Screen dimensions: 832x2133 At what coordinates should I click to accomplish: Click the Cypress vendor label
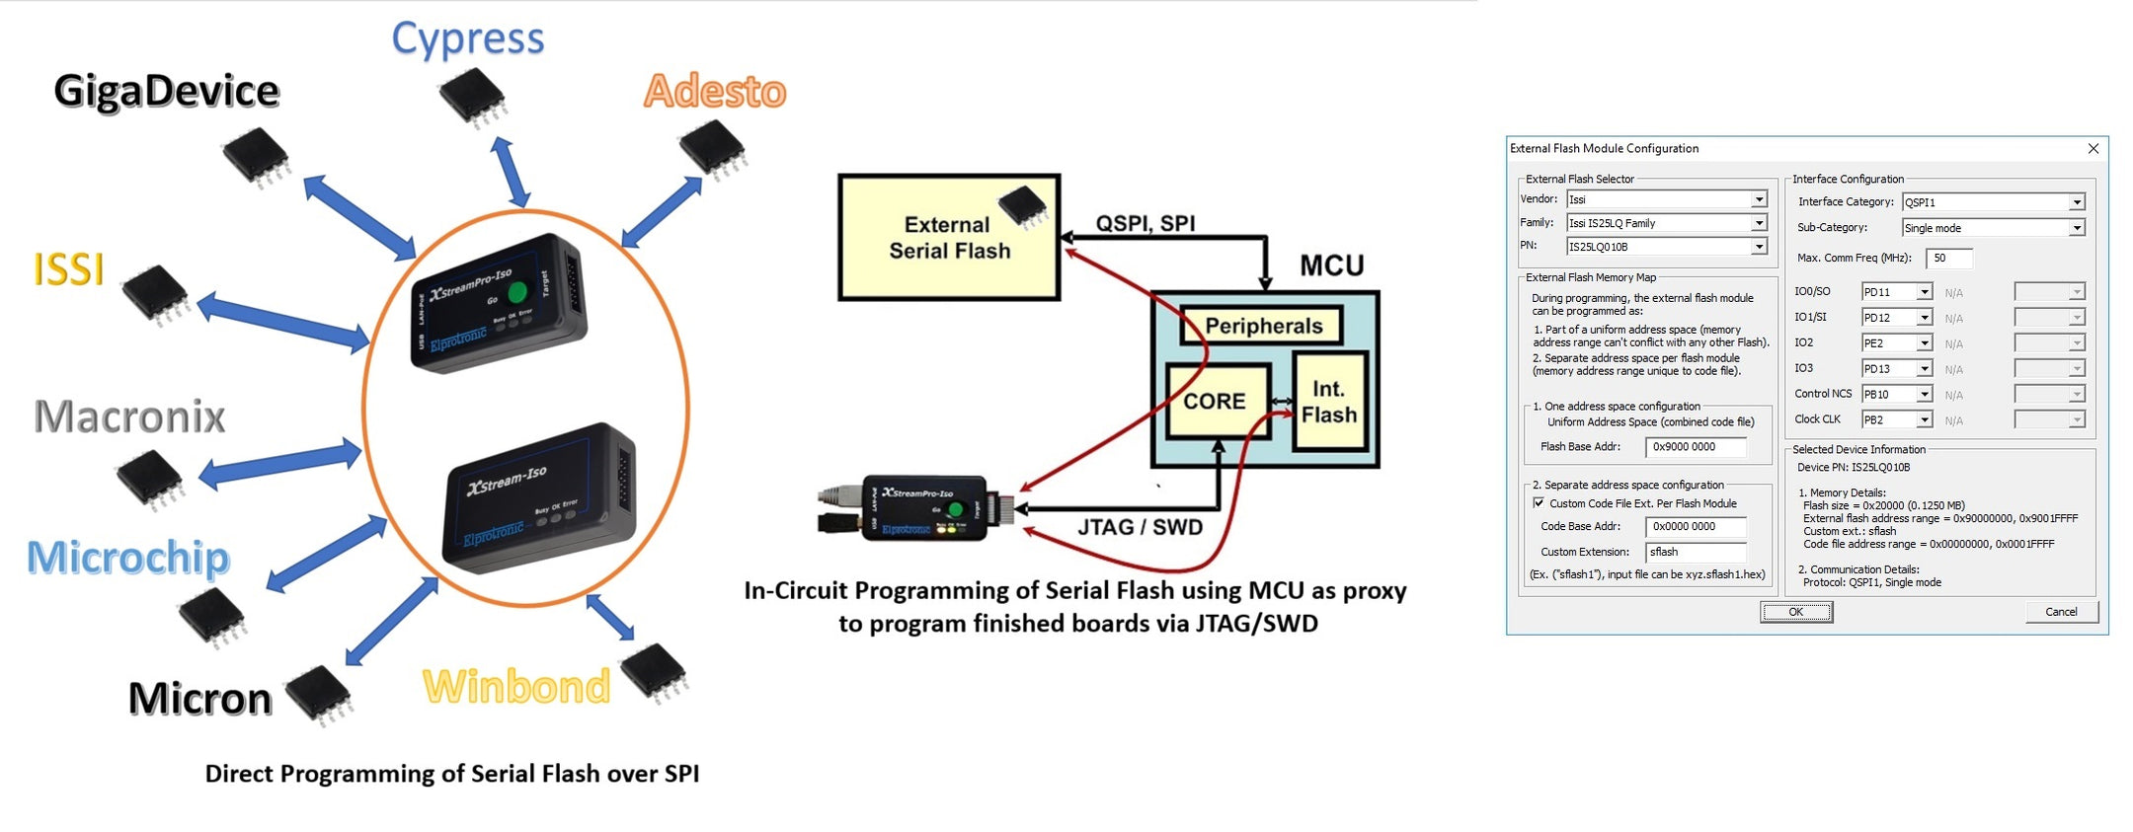(467, 39)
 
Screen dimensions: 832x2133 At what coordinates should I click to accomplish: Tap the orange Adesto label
(715, 91)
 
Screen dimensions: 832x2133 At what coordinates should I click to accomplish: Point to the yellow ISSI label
(68, 269)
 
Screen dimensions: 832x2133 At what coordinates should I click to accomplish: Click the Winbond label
(516, 687)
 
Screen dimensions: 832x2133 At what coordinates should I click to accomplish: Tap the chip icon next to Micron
(319, 694)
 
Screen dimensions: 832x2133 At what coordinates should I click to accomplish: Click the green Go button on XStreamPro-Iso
(517, 293)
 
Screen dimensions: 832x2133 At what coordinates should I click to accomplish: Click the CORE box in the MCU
(1215, 402)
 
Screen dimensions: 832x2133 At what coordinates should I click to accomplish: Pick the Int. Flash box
(1329, 402)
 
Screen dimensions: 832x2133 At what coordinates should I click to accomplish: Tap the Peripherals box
(1262, 326)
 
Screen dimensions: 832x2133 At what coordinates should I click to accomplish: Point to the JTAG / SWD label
(1140, 527)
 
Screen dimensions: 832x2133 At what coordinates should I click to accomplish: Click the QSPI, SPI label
(1145, 223)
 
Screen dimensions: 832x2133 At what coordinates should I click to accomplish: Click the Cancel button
(2061, 612)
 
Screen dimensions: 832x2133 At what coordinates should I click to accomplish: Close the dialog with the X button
(2093, 148)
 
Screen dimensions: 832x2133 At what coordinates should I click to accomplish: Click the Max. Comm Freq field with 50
(1948, 259)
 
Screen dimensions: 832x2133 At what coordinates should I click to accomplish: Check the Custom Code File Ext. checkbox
(1539, 503)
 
